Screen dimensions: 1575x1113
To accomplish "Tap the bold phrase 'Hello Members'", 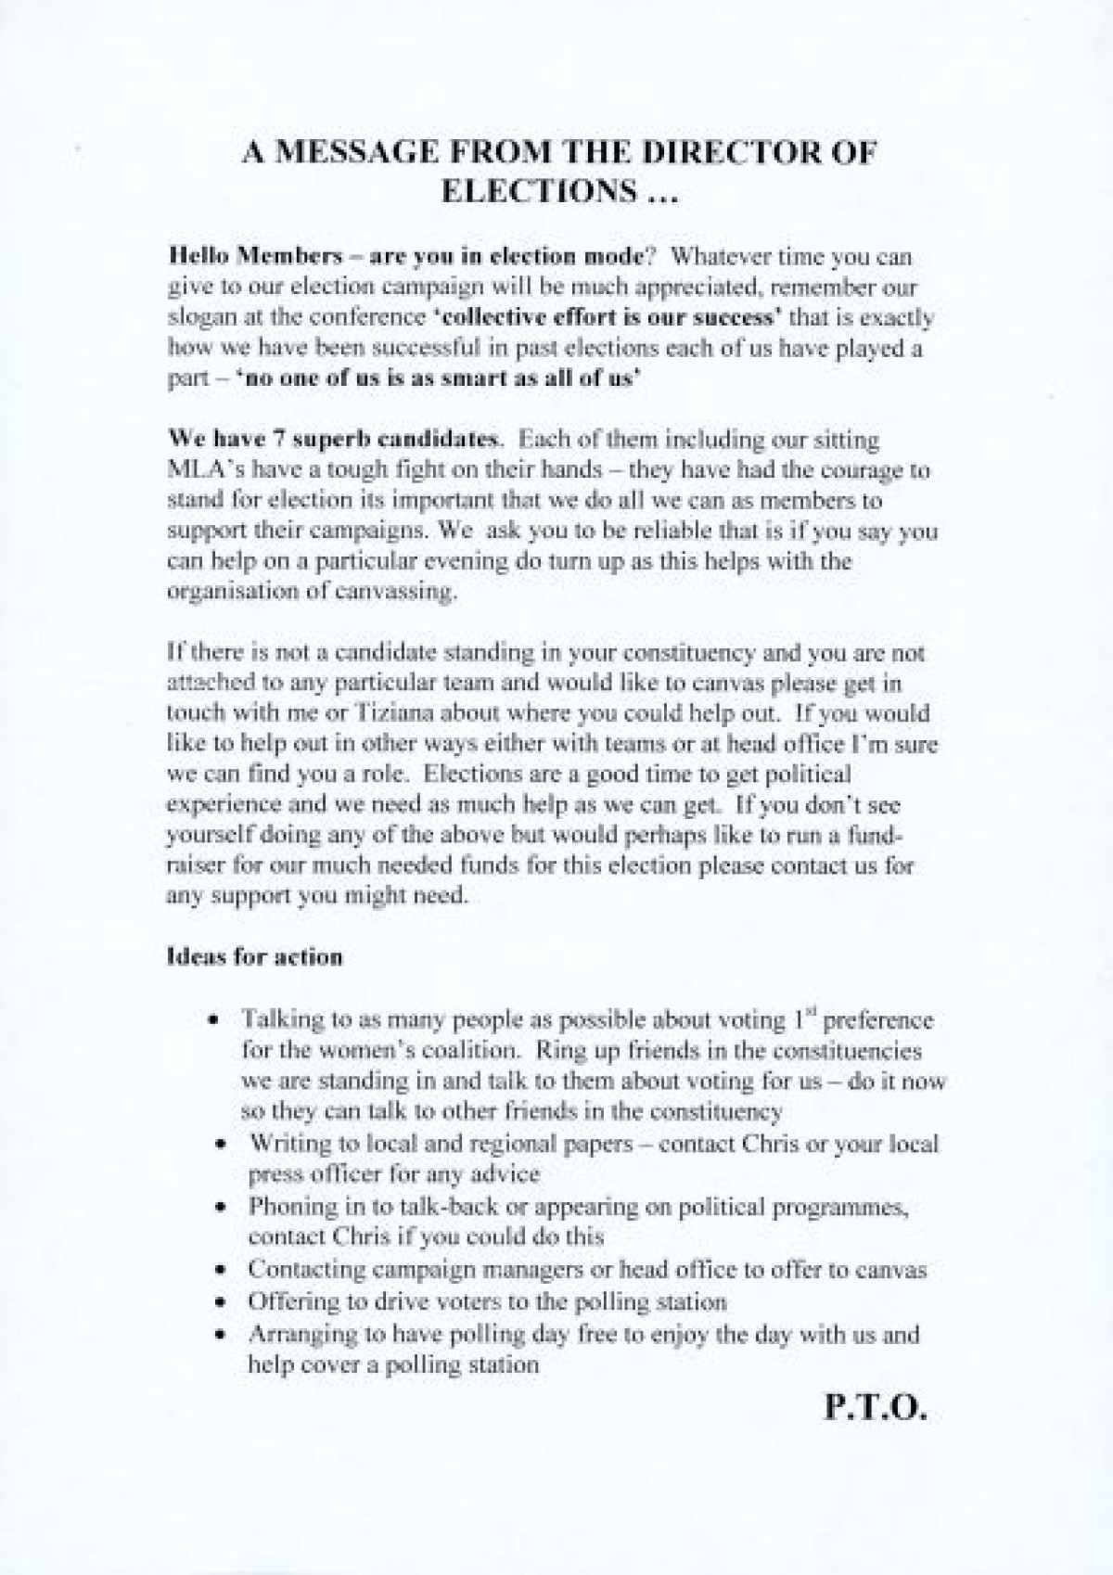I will coord(231,257).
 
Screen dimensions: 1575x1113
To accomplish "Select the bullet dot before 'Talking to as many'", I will coord(214,1020).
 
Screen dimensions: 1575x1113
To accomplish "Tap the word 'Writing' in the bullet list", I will coord(285,1143).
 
